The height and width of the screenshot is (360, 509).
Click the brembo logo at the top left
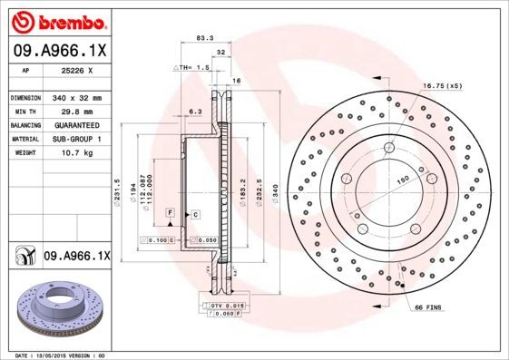pos(57,19)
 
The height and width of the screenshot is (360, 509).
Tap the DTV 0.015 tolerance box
pos(227,306)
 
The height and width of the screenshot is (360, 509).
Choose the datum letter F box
pos(170,212)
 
